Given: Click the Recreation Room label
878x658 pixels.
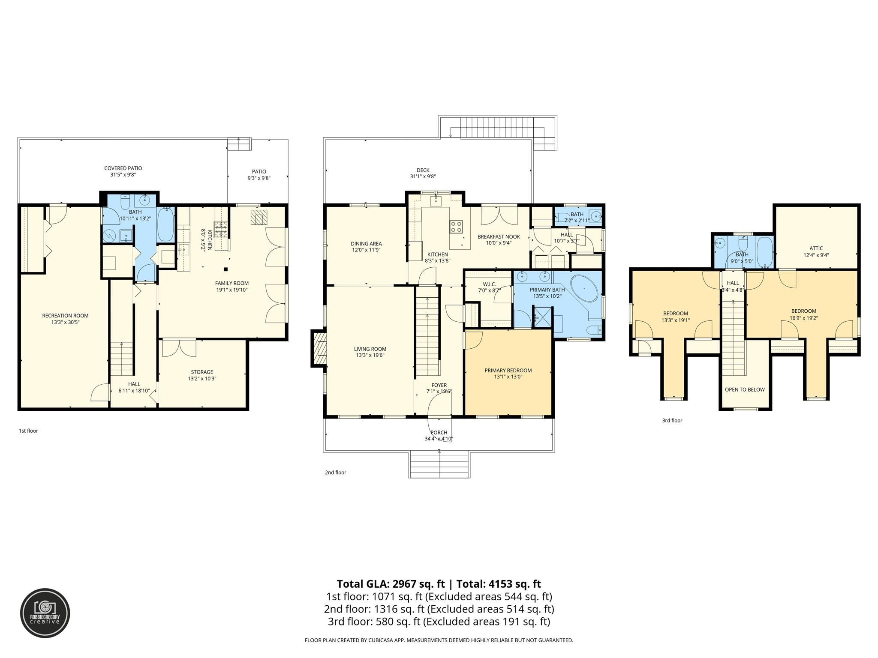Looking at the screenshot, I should (x=65, y=316).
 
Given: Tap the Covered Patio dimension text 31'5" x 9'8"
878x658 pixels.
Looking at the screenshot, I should (x=123, y=175).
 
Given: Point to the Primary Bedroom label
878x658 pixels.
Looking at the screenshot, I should (x=508, y=371).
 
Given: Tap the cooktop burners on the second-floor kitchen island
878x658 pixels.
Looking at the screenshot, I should (x=456, y=226).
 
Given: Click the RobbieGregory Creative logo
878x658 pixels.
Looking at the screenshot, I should (x=45, y=613).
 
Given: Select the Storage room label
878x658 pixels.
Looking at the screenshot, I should (x=202, y=372).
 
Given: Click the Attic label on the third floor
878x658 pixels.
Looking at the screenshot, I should (x=816, y=248).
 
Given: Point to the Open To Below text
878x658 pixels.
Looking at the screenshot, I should (x=745, y=389).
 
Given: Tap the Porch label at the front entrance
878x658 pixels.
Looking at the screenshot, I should (x=439, y=433).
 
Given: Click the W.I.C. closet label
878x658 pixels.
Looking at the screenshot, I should (x=489, y=284).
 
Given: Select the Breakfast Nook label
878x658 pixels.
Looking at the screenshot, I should (x=499, y=236).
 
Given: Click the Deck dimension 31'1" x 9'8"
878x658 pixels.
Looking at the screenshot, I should (x=423, y=176).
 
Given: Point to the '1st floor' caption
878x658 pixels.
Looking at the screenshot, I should (x=28, y=431).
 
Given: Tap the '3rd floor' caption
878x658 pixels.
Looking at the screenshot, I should (x=672, y=420).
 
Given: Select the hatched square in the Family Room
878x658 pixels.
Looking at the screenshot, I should (x=259, y=217).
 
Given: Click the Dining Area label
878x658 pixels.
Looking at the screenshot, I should (x=366, y=244).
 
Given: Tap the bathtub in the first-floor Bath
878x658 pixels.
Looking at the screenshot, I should (x=165, y=224).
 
